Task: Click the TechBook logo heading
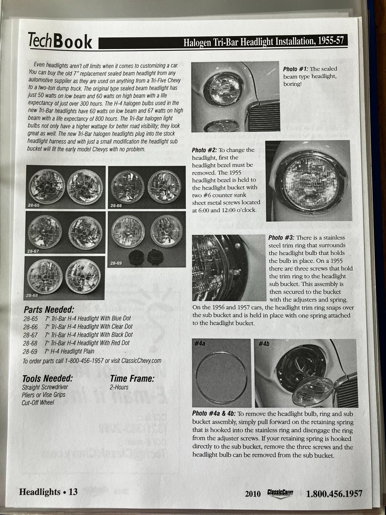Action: (60, 40)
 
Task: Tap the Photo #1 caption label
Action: (296, 69)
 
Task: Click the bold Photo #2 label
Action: (204, 150)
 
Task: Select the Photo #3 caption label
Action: (281, 237)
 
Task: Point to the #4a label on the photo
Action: (200, 344)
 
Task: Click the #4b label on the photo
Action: (264, 344)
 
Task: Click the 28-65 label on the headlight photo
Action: (34, 205)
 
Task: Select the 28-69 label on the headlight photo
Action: (116, 263)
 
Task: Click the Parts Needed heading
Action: (48, 309)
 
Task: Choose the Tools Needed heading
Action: (47, 378)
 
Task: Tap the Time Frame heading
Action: (132, 378)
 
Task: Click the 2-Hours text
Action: (119, 387)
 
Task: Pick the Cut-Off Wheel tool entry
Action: (38, 402)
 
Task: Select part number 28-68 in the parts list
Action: (30, 343)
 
